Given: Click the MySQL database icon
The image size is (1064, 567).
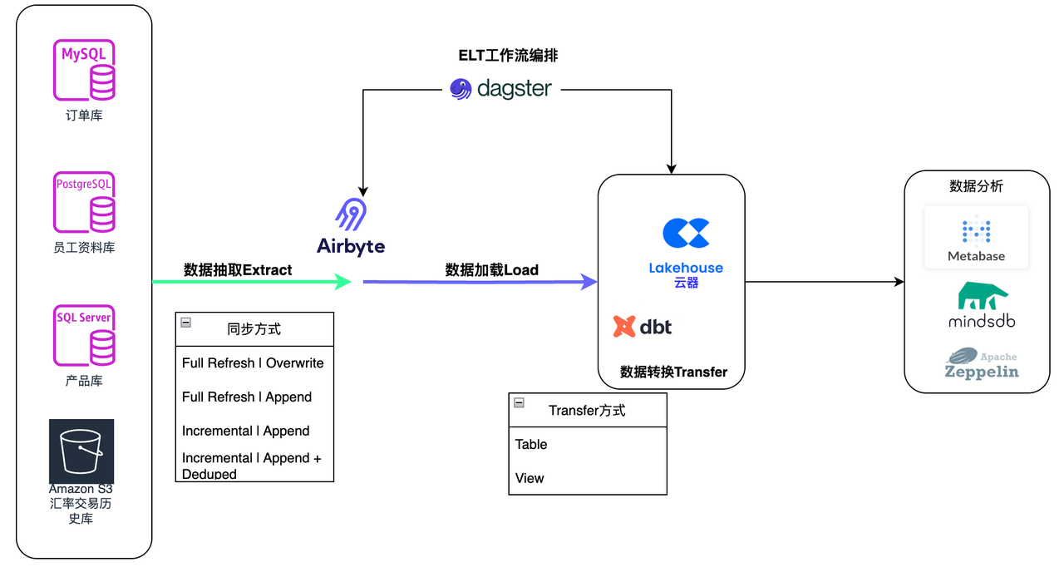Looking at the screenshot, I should [84, 70].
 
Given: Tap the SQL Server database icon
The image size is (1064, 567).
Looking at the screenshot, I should [84, 336].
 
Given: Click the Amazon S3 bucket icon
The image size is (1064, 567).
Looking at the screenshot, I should [81, 451].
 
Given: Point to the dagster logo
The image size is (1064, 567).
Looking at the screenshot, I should [501, 88].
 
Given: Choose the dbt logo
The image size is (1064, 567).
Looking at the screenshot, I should [643, 327].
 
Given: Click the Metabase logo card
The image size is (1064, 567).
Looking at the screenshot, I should [977, 237].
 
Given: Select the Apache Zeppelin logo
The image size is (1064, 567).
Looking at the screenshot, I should [982, 363].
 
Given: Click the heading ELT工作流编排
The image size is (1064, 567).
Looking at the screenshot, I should [509, 56].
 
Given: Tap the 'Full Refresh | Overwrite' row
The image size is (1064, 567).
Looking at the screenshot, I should [254, 363].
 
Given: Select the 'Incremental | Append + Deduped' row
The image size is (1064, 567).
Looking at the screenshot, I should [254, 466].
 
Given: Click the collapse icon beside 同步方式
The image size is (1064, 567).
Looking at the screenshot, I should [186, 323].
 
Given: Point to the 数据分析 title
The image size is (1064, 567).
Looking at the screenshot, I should [977, 186].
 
